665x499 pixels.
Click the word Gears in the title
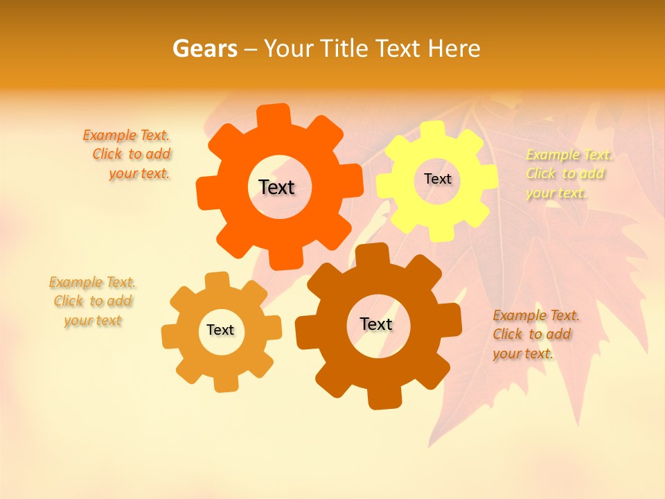click(204, 49)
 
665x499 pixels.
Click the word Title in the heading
click(346, 49)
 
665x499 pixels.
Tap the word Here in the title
click(454, 49)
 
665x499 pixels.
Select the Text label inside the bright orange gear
click(276, 187)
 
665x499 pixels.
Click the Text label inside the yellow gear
click(437, 179)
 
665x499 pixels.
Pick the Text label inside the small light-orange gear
click(220, 331)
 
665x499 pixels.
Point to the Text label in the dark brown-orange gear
click(376, 324)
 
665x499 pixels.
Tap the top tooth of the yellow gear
click(433, 130)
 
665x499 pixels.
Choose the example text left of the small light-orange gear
click(93, 301)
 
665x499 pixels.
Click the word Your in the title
click(285, 49)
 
